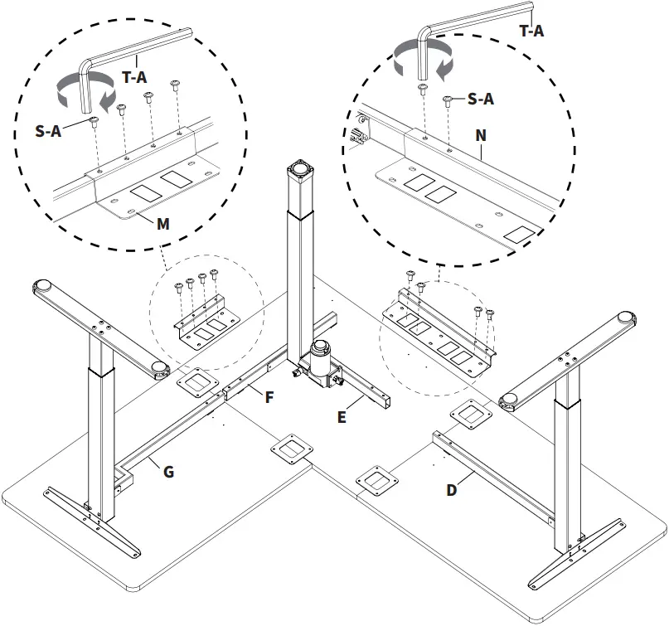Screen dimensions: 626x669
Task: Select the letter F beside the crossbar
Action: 269,396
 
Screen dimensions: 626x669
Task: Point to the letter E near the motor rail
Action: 342,417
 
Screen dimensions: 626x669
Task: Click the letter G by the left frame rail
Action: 168,472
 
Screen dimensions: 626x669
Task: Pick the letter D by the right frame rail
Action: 452,489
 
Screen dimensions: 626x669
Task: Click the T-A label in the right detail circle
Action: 531,31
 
